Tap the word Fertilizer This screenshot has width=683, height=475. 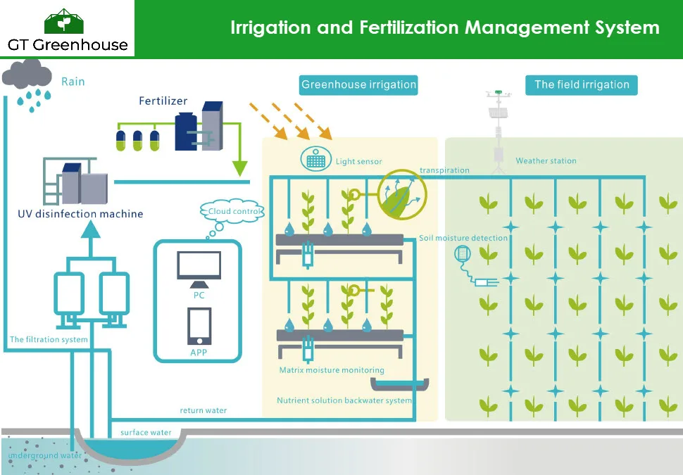coord(163,101)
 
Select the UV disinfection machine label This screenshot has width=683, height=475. coord(80,214)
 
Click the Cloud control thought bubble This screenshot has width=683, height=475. coord(234,211)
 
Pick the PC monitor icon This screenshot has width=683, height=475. coord(199,268)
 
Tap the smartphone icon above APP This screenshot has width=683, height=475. coord(199,327)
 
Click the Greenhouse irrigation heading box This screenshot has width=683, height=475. coord(358,85)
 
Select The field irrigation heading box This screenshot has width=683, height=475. coord(581,85)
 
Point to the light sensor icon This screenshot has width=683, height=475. coord(316,159)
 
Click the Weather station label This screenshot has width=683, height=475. coord(546,161)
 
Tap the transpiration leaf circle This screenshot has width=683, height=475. coord(402,194)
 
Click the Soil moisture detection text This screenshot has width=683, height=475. coord(463,238)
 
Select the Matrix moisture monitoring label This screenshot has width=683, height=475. coord(332,370)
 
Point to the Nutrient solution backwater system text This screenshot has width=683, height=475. coord(344,400)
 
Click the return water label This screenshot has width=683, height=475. coord(203,410)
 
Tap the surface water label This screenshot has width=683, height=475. coord(146,432)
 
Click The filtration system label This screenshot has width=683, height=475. coord(49,340)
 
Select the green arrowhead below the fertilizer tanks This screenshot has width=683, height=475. coord(240,168)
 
